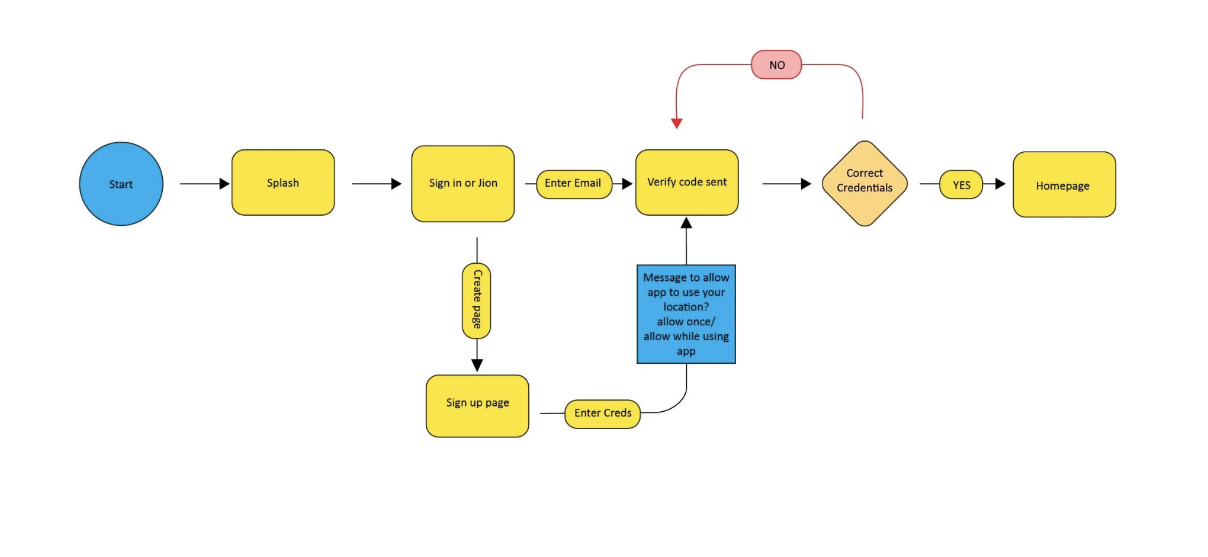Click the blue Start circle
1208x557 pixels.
(121, 184)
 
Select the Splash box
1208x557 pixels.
(283, 183)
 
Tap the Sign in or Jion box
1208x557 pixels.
(463, 184)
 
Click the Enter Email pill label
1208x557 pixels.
(574, 184)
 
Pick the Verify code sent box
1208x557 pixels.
(687, 183)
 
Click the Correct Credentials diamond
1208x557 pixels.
(865, 183)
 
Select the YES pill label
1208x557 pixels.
(961, 185)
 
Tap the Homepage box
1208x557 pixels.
(1064, 184)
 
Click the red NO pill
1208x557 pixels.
(776, 65)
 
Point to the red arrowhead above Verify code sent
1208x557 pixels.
(677, 123)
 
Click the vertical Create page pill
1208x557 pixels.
(477, 300)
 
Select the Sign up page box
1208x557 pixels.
(477, 406)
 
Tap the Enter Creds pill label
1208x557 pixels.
(603, 414)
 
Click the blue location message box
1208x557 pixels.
(686, 314)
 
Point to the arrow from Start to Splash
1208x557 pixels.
(205, 184)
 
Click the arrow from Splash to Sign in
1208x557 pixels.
(377, 184)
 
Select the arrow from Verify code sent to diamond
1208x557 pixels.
(787, 184)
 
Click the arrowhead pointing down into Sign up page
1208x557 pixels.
(477, 365)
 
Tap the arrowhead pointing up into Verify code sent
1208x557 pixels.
(686, 223)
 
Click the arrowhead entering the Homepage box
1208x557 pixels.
(1001, 184)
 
